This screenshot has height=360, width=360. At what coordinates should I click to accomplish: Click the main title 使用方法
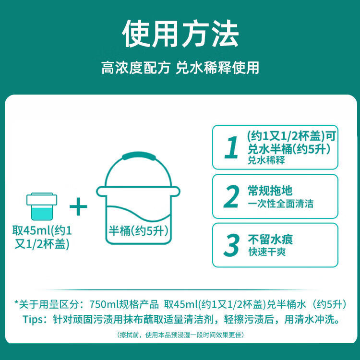(180, 34)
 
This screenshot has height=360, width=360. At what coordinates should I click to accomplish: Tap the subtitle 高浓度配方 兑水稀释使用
(180, 68)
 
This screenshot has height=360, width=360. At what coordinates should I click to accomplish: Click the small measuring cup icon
(42, 206)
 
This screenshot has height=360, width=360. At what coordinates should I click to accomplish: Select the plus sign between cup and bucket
(78, 206)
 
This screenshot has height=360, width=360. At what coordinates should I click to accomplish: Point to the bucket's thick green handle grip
(139, 156)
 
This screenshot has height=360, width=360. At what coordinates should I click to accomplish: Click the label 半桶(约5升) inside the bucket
(138, 230)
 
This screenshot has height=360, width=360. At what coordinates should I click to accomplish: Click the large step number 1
(231, 147)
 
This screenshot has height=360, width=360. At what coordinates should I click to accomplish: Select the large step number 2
(231, 196)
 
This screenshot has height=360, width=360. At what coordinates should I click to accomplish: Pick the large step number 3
(231, 245)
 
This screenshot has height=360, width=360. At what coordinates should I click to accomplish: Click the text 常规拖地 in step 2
(270, 191)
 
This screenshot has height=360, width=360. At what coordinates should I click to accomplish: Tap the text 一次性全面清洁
(281, 204)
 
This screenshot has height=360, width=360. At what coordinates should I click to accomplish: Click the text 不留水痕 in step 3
(270, 240)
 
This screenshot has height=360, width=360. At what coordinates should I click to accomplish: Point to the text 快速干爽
(267, 252)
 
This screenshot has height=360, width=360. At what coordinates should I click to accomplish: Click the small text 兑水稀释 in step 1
(266, 160)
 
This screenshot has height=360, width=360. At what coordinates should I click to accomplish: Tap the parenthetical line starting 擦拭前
(180, 335)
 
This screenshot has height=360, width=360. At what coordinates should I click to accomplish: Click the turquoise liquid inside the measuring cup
(42, 213)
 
